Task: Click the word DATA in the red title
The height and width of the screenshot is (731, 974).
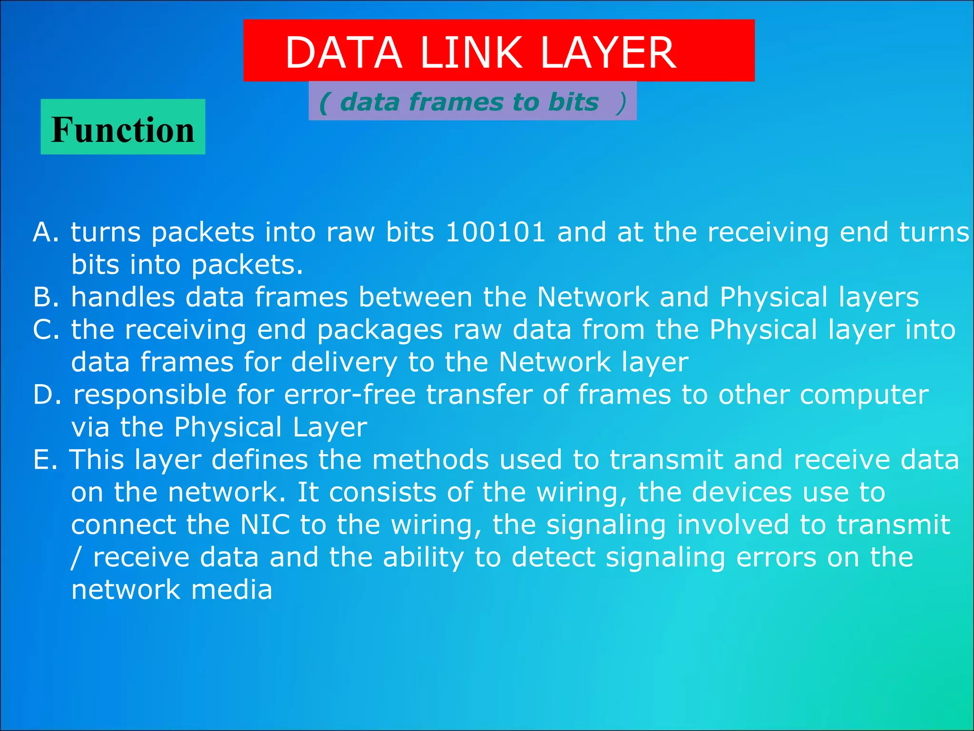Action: (x=343, y=53)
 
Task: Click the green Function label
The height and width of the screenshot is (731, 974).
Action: (x=123, y=129)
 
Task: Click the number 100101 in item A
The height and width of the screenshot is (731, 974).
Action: (x=495, y=232)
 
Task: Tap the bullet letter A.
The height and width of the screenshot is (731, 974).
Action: (x=44, y=232)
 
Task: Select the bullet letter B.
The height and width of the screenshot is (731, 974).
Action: (x=44, y=297)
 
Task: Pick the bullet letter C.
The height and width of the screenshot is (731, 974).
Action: (x=44, y=330)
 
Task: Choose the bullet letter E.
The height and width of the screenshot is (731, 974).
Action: (x=43, y=460)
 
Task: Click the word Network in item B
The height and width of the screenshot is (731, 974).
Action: (x=593, y=297)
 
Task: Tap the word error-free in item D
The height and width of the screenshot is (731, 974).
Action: (x=350, y=395)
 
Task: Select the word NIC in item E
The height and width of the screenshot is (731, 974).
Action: (x=265, y=524)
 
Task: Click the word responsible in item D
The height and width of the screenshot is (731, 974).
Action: (x=150, y=395)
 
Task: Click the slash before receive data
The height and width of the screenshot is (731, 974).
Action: (x=76, y=557)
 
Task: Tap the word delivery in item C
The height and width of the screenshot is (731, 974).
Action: (x=344, y=363)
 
